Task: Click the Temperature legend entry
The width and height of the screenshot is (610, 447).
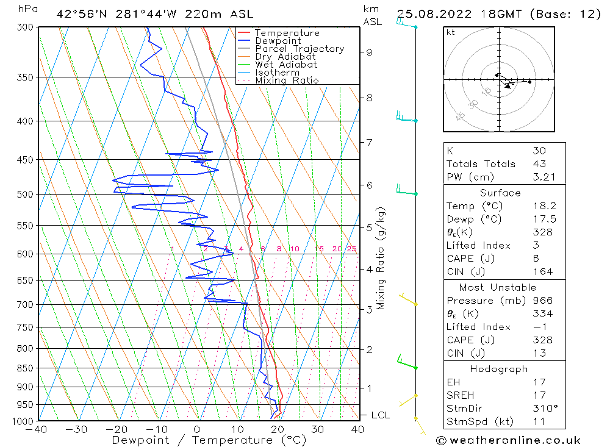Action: [287, 33]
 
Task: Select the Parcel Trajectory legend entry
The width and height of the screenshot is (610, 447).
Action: [300, 49]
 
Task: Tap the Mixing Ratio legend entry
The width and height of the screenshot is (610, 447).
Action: [287, 80]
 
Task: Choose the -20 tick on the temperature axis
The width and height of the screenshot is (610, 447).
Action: [117, 429]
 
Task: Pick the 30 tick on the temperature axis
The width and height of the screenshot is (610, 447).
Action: [317, 429]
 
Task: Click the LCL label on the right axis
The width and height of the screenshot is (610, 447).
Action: [380, 415]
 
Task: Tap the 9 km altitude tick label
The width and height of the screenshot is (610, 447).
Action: [369, 52]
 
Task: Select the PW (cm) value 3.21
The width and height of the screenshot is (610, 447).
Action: [544, 177]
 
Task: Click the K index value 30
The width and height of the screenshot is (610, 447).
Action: [540, 151]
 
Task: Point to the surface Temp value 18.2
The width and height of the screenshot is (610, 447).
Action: [545, 206]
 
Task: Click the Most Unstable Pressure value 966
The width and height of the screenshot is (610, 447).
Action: [543, 300]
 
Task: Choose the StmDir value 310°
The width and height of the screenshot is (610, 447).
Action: [545, 408]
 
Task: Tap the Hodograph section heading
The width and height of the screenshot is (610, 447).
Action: [499, 369]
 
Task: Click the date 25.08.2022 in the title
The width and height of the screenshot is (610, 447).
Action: [434, 14]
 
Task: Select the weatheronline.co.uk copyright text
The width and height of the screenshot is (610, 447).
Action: [508, 440]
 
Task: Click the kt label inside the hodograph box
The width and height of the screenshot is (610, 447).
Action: [451, 32]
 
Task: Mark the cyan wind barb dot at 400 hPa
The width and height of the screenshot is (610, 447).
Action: [416, 121]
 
